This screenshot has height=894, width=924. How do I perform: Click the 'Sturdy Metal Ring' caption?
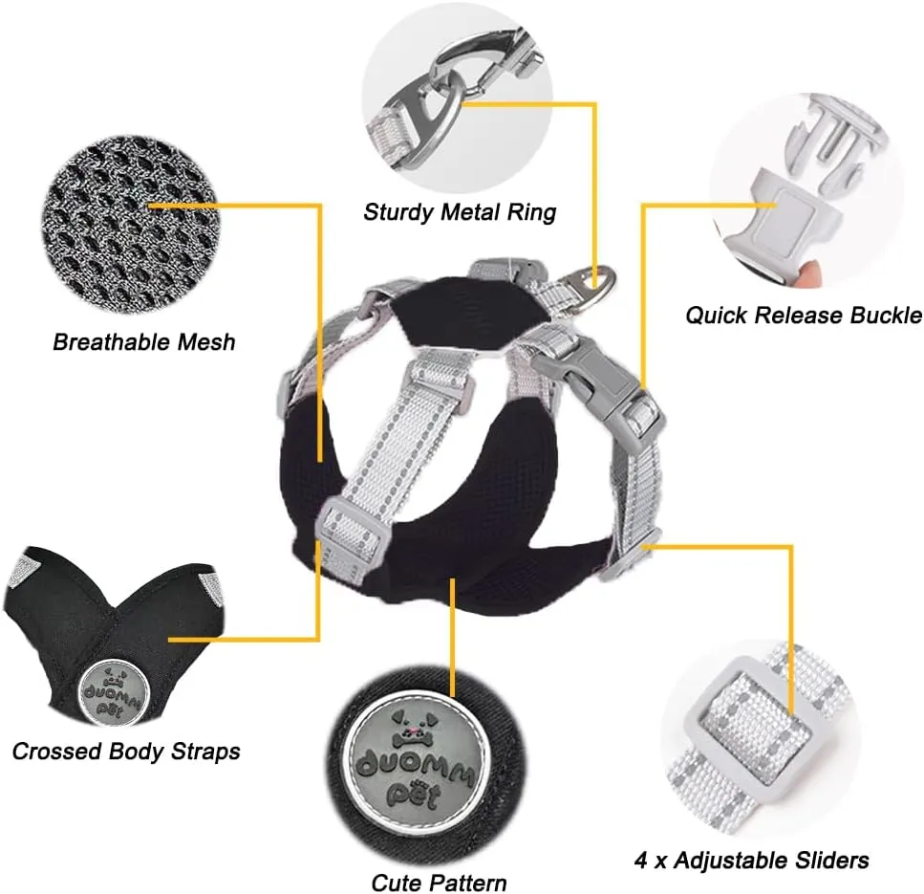(x=459, y=211)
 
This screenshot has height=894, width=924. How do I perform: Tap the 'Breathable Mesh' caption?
(x=143, y=341)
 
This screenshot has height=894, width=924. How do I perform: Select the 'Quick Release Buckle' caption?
(x=804, y=315)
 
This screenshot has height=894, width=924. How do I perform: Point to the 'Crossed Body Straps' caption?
(x=126, y=751)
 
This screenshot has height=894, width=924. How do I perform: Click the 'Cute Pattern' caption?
(x=439, y=881)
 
